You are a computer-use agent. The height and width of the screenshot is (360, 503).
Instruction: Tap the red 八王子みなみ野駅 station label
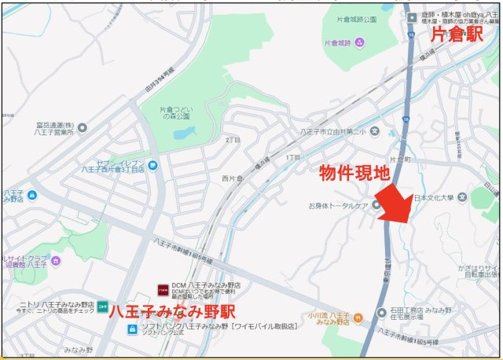(172, 310)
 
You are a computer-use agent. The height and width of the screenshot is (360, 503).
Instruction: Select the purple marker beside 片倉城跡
(360, 42)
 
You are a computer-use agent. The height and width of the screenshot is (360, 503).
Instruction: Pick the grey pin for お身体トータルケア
(376, 205)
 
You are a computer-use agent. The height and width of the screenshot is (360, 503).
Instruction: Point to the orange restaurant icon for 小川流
(358, 318)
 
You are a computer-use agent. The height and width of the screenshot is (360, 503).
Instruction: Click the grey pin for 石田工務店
(381, 313)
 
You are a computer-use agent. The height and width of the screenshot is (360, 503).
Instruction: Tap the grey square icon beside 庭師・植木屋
(410, 17)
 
